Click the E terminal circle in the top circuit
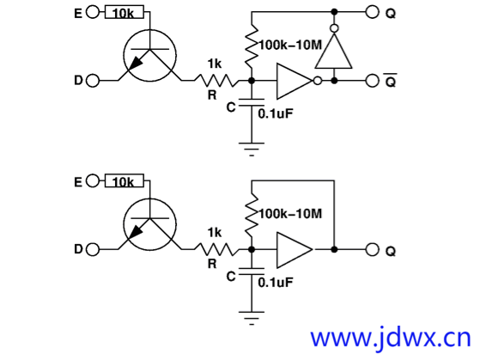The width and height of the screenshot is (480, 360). pyautogui.click(x=93, y=12)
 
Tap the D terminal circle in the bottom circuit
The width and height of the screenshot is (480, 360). pyautogui.click(x=93, y=250)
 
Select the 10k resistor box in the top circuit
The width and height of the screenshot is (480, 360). pyautogui.click(x=125, y=12)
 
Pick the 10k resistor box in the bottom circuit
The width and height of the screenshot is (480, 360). pyautogui.click(x=125, y=180)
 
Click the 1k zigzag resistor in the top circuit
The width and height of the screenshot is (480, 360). pyautogui.click(x=216, y=81)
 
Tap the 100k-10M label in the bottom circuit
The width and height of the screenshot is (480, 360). pyautogui.click(x=290, y=214)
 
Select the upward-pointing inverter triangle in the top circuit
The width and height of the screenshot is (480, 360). pyautogui.click(x=334, y=50)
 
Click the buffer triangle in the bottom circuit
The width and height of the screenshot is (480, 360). pyautogui.click(x=295, y=250)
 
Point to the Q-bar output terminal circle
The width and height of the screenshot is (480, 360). pyautogui.click(x=373, y=81)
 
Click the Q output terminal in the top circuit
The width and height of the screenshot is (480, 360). pyautogui.click(x=373, y=12)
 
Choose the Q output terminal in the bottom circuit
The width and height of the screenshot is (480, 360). pyautogui.click(x=373, y=250)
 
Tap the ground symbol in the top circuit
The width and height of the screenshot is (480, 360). pyautogui.click(x=252, y=149)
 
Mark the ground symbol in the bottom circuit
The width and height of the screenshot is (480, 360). pyautogui.click(x=252, y=318)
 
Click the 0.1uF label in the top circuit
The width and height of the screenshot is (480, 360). pyautogui.click(x=276, y=113)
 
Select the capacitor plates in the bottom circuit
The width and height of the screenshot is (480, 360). pyautogui.click(x=252, y=272)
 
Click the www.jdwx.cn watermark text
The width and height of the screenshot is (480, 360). pyautogui.click(x=391, y=339)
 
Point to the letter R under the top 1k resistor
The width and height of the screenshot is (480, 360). pyautogui.click(x=212, y=95)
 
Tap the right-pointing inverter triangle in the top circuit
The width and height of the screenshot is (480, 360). pyautogui.click(x=295, y=81)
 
